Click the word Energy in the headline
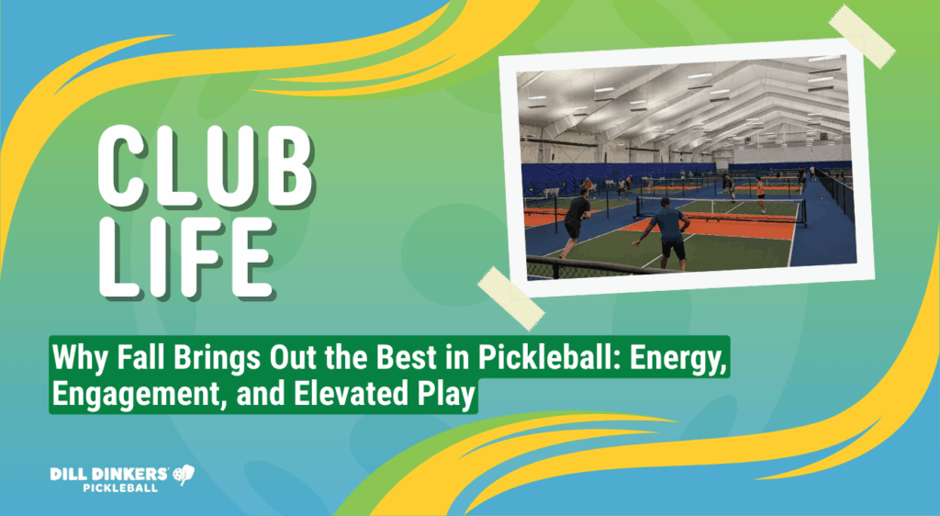674,355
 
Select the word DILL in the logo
71,474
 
